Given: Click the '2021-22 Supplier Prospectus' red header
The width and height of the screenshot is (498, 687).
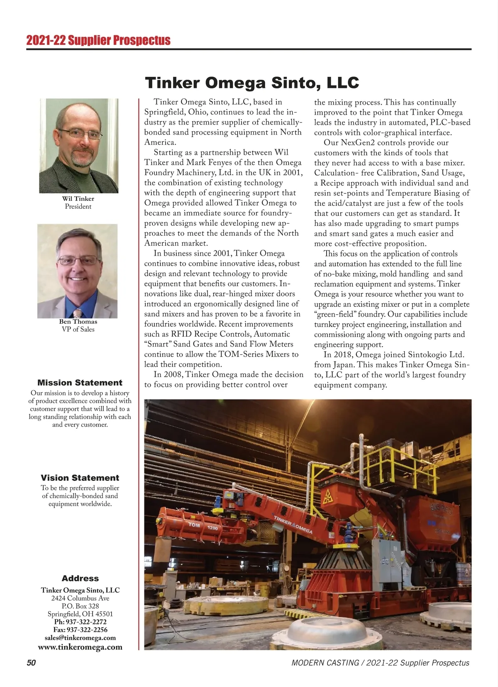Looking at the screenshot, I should tap(98, 40).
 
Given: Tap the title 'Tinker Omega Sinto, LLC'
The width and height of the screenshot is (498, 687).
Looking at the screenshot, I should tap(251, 83).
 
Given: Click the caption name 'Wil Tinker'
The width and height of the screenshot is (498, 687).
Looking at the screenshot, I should tap(78, 199).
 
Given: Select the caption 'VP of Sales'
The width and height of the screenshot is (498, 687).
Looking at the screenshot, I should tap(78, 329).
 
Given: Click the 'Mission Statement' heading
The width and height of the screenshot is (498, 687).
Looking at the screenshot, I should tap(80, 383).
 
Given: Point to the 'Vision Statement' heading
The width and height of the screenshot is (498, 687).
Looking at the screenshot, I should tap(80, 478).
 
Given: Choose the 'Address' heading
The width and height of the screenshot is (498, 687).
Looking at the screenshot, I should tap(80, 578).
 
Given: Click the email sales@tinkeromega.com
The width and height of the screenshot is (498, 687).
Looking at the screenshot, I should tap(80, 638).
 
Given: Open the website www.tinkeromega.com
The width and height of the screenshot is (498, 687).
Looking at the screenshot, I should tap(80, 647).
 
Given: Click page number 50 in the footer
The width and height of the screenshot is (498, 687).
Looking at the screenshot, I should tap(31, 663).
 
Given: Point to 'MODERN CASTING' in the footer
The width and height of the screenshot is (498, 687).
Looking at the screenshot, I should tap(325, 663).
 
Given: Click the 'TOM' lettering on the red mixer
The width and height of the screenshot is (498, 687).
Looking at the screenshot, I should tap(194, 525).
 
